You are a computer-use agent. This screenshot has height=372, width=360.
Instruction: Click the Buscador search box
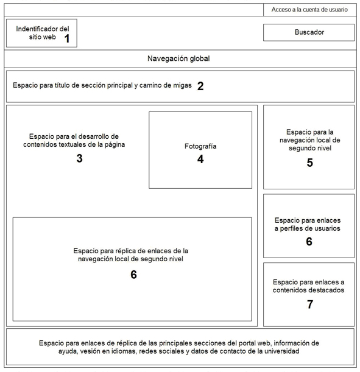(308, 32)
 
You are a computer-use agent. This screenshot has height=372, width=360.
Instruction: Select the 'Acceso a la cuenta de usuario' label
(309, 10)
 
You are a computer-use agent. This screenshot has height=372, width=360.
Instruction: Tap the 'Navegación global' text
(178, 58)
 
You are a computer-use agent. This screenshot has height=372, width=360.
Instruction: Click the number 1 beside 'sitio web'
(67, 38)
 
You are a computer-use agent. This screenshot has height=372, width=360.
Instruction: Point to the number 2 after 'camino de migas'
(200, 86)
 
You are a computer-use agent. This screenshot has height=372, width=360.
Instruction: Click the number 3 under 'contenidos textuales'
(80, 158)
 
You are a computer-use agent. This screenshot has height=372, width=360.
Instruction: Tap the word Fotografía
(200, 146)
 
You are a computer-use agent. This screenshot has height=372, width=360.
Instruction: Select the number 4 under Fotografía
(200, 159)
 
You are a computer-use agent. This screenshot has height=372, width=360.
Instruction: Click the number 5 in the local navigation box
(309, 163)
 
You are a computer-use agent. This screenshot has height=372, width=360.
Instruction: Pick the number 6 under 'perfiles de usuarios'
(309, 242)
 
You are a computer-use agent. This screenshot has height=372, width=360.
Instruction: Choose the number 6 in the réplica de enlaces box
(133, 275)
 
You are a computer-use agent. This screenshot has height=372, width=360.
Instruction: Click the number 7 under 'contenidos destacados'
(310, 304)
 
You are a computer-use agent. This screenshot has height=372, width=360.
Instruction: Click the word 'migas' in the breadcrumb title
(183, 85)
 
